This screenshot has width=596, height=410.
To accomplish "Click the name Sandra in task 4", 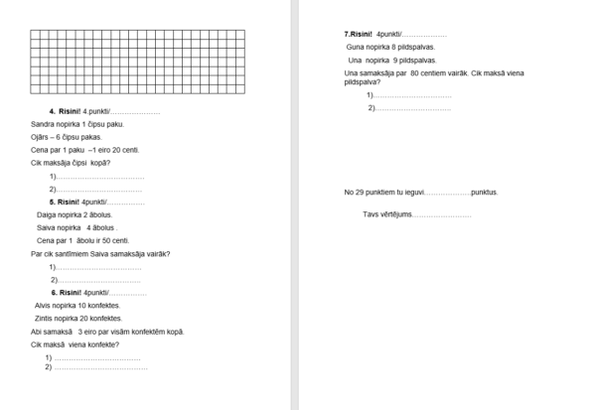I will tap(44, 124).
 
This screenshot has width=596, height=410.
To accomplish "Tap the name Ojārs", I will tap(42, 137).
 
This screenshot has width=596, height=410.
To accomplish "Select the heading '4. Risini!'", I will tap(66, 110).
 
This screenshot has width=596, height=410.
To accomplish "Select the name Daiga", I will tap(47, 214).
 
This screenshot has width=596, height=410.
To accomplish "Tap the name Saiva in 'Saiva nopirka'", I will tap(47, 227).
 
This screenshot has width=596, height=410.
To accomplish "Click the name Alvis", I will tap(45, 306).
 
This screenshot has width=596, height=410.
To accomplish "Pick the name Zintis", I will tap(46, 319).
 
